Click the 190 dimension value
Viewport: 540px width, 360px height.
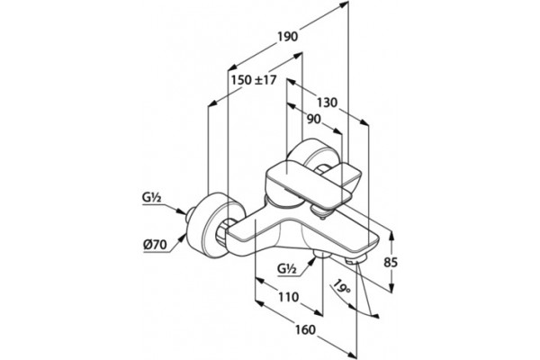(288, 36)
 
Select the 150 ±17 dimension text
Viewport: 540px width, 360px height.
(254, 80)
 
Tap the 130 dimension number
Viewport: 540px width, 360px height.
(327, 103)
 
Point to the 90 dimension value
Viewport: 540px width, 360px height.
(313, 119)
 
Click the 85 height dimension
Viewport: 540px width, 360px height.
(391, 263)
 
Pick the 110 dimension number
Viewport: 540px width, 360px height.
(288, 297)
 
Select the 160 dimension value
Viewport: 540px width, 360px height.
(305, 329)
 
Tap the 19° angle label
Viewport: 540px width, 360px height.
(342, 285)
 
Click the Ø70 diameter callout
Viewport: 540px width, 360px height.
(155, 245)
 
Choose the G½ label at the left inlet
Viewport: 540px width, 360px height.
(152, 198)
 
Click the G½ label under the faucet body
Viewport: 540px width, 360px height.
(287, 268)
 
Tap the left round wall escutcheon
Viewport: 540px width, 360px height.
(214, 226)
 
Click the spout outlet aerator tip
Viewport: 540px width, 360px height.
(355, 261)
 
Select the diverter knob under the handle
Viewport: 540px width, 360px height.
(319, 211)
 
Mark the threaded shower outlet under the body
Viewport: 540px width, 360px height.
(322, 255)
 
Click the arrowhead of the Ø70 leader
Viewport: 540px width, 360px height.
(182, 238)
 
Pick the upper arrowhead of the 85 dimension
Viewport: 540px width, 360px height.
(391, 236)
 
